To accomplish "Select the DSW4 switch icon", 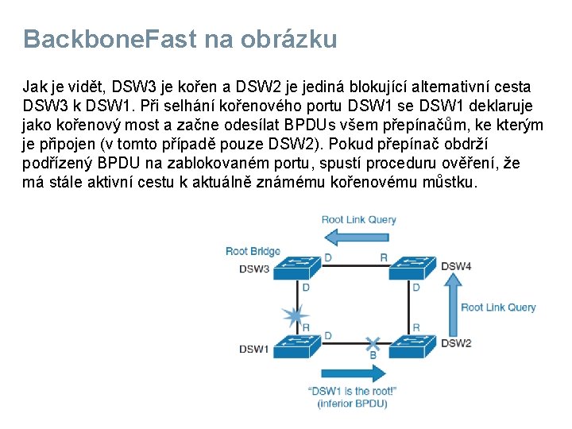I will [412, 267].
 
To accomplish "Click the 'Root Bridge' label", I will [253, 252].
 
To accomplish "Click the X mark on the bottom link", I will [373, 345].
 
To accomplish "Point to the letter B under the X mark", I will [373, 356].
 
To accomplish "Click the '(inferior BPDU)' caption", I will [352, 404].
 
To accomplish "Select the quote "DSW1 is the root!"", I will [352, 391].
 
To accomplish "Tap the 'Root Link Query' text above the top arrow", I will [358, 220].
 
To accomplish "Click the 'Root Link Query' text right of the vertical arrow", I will [498, 307].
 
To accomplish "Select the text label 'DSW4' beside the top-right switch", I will [456, 266].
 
